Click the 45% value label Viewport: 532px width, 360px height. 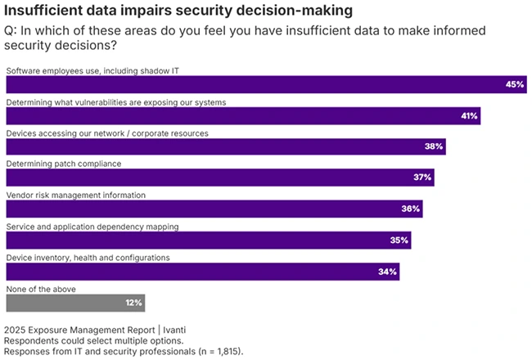[x=515, y=85]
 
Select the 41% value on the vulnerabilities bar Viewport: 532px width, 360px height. [x=469, y=116]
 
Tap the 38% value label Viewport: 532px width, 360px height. [x=434, y=147]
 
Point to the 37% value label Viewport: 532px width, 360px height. [x=422, y=178]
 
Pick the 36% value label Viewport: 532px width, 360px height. [x=411, y=209]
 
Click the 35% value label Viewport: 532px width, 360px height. [x=399, y=240]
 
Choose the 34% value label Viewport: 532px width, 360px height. [x=388, y=271]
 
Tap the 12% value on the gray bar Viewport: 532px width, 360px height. [x=133, y=302]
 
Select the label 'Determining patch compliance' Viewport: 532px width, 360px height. [x=64, y=164]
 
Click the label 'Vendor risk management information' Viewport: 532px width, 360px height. [x=76, y=195]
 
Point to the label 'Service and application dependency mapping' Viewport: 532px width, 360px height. [x=92, y=226]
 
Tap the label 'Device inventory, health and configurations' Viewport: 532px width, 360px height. [x=88, y=257]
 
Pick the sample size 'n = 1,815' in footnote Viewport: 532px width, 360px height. [x=215, y=352]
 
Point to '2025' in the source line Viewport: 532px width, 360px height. [x=15, y=329]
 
